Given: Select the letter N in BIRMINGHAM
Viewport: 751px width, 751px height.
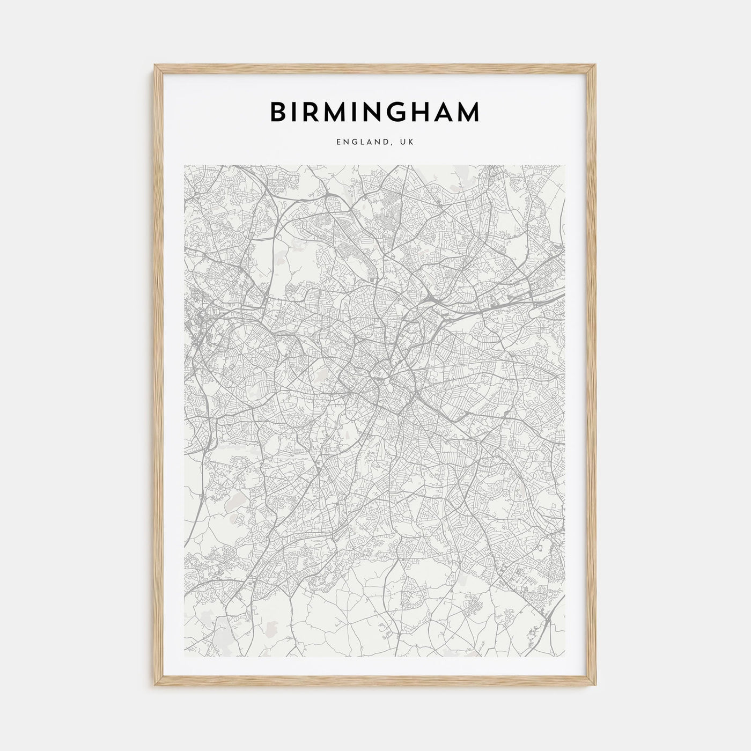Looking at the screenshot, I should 376,112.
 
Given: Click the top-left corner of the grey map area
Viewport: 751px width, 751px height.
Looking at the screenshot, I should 185,165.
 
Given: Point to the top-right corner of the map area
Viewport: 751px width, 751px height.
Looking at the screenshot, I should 566,165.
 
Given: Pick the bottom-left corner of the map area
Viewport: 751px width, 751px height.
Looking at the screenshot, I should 185,658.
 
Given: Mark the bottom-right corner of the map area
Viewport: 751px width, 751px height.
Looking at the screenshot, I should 566,658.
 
